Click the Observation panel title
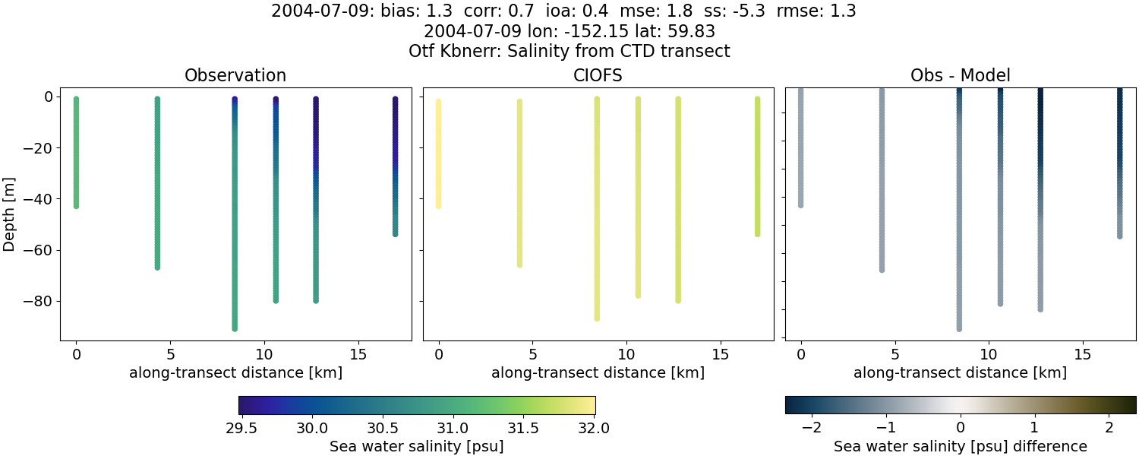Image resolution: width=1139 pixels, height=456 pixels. (x=235, y=75)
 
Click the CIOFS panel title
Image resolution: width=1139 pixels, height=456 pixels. (x=598, y=75)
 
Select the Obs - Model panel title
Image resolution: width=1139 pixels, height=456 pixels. (x=960, y=75)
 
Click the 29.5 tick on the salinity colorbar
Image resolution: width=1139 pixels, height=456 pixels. (x=241, y=428)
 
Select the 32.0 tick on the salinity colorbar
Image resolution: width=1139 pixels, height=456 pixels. (x=593, y=428)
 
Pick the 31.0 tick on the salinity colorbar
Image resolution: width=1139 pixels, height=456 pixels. (x=453, y=428)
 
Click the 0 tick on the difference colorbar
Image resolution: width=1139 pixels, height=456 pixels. (x=961, y=428)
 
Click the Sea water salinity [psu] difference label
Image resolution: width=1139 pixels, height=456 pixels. (x=960, y=446)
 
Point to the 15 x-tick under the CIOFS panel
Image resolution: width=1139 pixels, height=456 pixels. (x=721, y=354)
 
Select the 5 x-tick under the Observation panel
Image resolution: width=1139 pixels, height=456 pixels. (x=170, y=354)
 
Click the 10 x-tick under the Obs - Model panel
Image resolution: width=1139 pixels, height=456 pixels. (x=989, y=354)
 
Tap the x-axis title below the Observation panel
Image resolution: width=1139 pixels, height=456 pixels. (x=235, y=372)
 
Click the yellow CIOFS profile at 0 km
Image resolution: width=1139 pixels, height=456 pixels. (x=438, y=152)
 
